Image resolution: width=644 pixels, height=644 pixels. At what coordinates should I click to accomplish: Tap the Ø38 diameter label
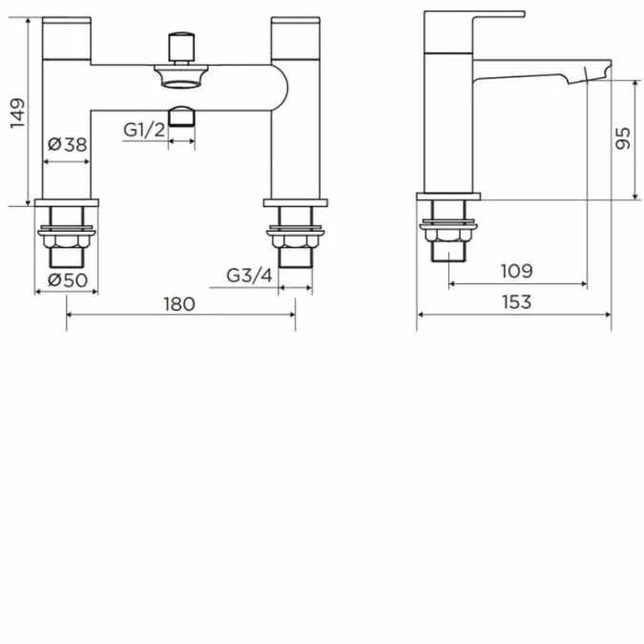click(67, 145)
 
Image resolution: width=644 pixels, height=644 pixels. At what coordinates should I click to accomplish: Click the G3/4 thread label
click(250, 276)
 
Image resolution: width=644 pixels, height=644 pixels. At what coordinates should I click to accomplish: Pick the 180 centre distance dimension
click(179, 304)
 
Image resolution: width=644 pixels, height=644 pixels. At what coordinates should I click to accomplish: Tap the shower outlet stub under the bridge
click(180, 118)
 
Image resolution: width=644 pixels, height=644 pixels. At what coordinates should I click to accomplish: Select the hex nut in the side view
click(450, 241)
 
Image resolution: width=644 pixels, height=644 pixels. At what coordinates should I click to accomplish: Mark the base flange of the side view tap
click(448, 197)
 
